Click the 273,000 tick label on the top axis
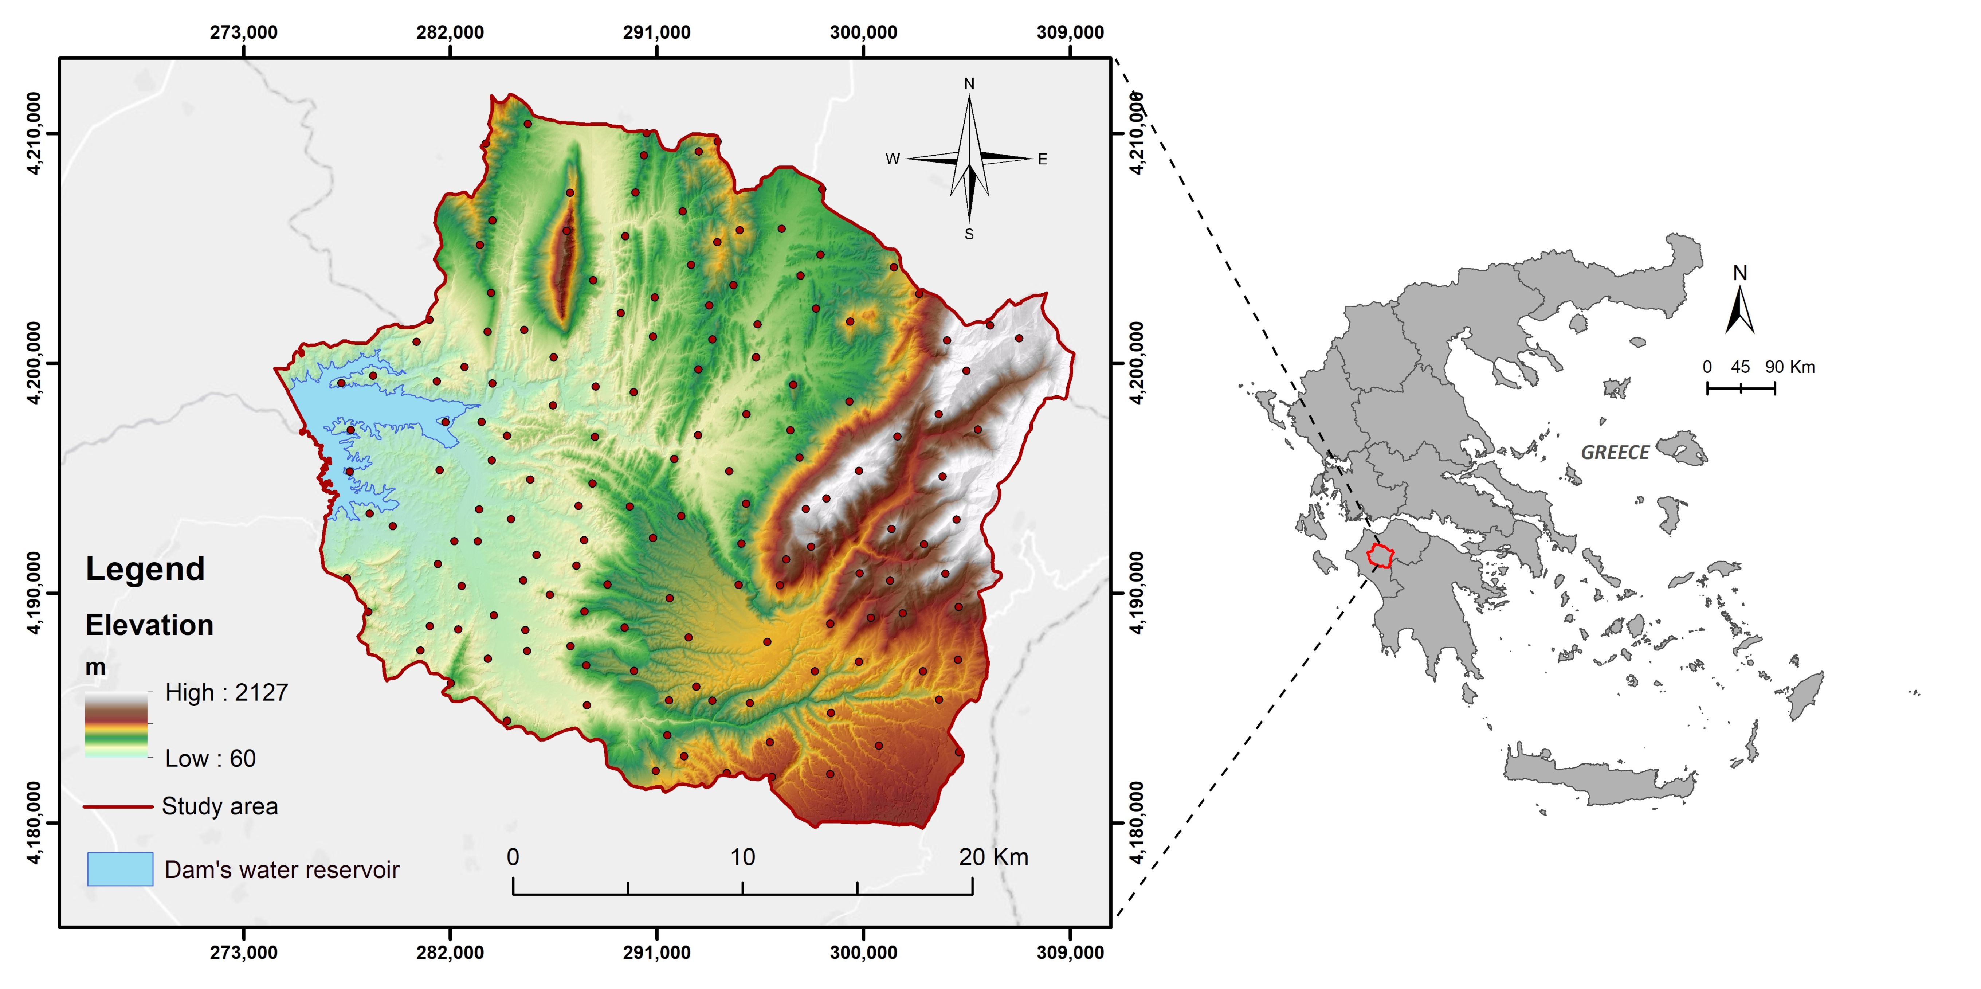pyautogui.click(x=244, y=32)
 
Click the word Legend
pyautogui.click(x=145, y=569)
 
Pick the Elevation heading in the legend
pyautogui.click(x=149, y=625)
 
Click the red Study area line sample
pyautogui.click(x=118, y=807)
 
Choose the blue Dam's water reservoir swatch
pyautogui.click(x=120, y=869)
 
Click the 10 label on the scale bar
pyautogui.click(x=742, y=857)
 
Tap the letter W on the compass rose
pyautogui.click(x=892, y=159)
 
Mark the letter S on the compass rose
pyautogui.click(x=969, y=235)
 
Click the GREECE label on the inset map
pyautogui.click(x=1615, y=453)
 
